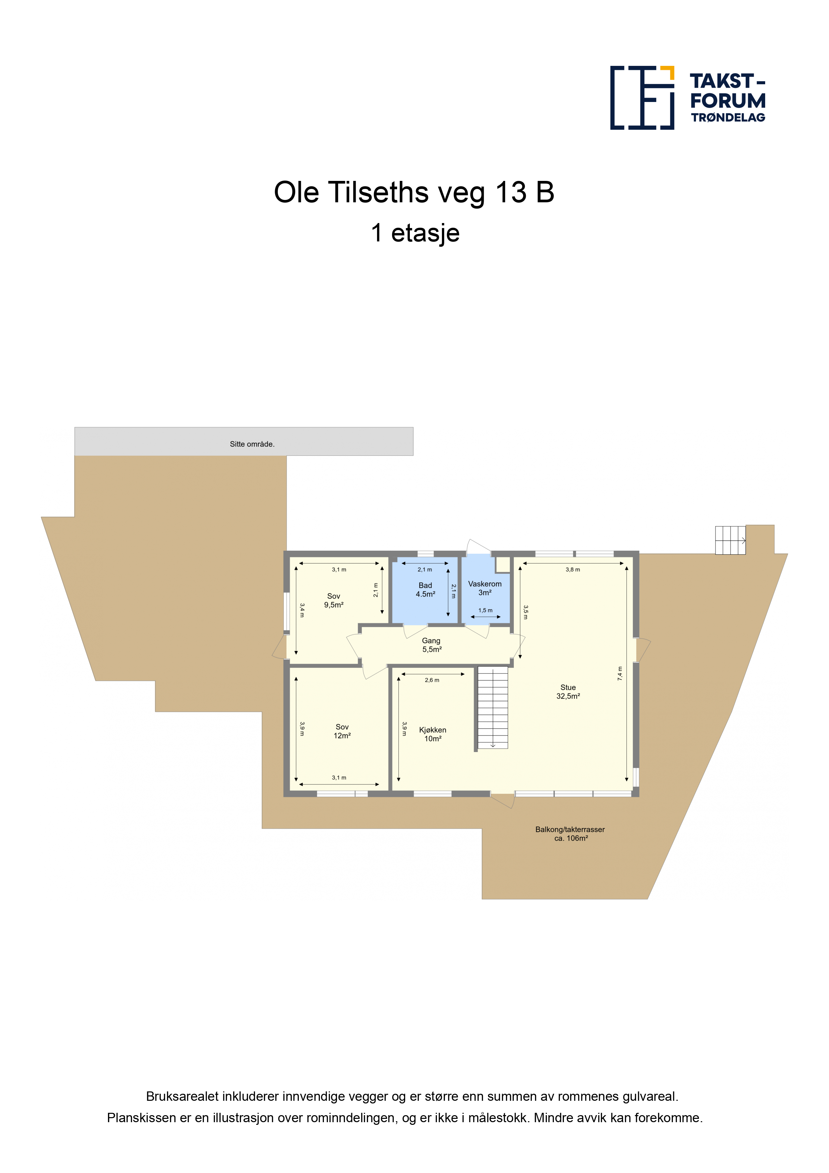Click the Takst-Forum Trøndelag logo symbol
click(642, 98)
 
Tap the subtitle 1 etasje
click(415, 233)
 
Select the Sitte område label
click(252, 444)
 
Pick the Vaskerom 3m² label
click(485, 588)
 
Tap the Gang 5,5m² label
click(432, 645)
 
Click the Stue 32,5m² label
click(568, 692)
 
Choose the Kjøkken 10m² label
click(433, 734)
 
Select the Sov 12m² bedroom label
click(342, 731)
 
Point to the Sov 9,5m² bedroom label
click(334, 600)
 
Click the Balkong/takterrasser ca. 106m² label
click(570, 834)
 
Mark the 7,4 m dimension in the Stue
click(620, 673)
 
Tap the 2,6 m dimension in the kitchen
click(432, 680)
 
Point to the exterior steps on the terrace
click(730, 540)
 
